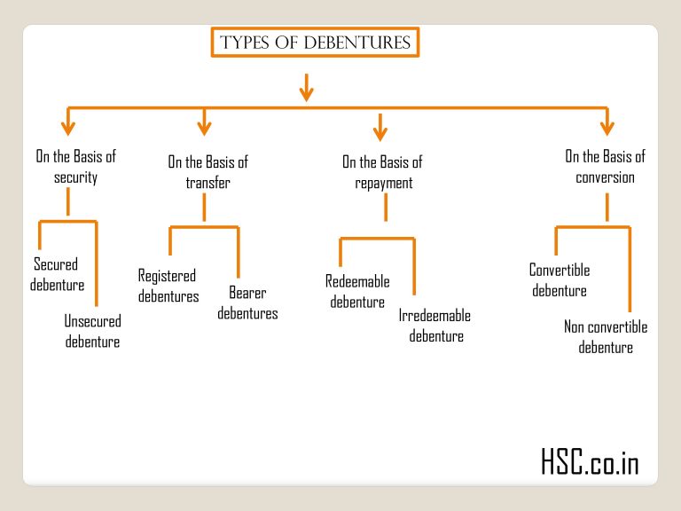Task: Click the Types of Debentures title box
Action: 315,43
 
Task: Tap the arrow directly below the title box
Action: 306,87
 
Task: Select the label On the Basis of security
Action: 75,167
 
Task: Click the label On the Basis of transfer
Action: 207,172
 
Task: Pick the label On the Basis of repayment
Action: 383,172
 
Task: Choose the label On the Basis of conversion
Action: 606,167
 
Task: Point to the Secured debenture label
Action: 57,274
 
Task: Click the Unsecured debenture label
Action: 92,331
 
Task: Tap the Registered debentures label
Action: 168,286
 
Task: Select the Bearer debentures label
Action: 247,303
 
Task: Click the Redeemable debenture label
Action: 357,292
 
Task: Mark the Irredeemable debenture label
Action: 435,326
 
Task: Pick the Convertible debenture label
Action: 560,280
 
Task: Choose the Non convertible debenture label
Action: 606,337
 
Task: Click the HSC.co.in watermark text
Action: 589,461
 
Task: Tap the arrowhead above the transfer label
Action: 204,126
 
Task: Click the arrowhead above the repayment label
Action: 380,132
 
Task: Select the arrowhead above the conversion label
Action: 607,126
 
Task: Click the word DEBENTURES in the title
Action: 364,43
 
